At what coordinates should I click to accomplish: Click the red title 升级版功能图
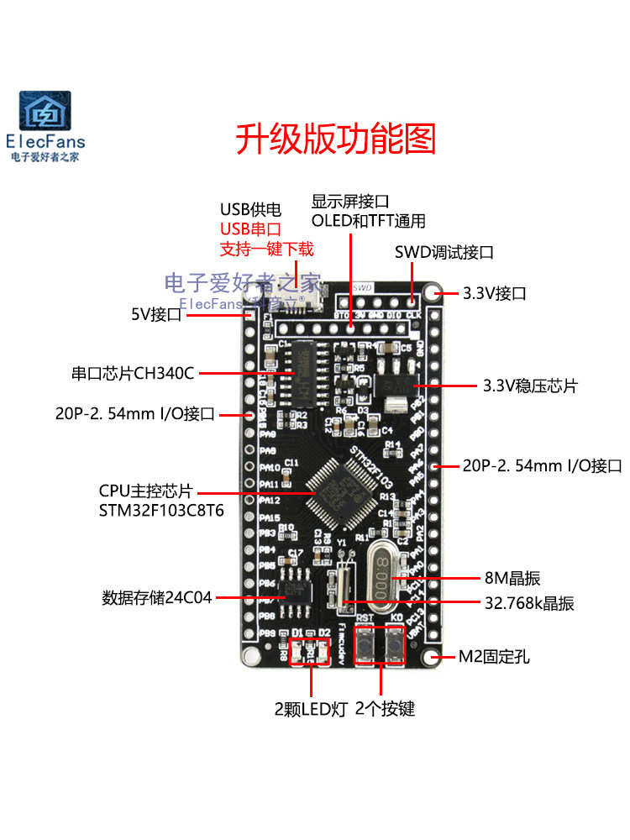(x=335, y=138)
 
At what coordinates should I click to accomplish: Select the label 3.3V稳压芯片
(x=530, y=386)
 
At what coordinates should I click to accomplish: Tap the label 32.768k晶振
(x=529, y=602)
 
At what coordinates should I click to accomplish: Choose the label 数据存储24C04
(x=157, y=597)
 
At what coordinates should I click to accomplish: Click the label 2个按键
(x=386, y=709)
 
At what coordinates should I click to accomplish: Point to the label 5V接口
(x=156, y=315)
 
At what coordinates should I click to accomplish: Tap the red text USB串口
(x=249, y=229)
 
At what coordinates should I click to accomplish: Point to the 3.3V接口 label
(x=495, y=294)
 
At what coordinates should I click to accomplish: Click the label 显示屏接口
(x=350, y=202)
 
